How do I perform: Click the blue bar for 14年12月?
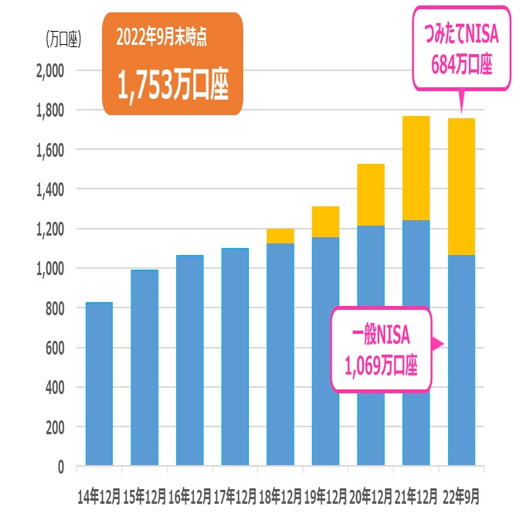tap(99, 384)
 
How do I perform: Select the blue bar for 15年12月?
tap(144, 368)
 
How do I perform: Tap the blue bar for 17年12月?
tap(235, 357)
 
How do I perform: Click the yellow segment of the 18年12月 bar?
tap(280, 236)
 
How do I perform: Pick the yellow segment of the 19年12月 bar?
tap(325, 222)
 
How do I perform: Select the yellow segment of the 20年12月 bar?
tap(371, 195)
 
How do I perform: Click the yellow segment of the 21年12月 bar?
tap(416, 168)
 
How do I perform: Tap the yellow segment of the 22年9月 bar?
tap(461, 186)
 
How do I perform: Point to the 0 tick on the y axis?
tap(59, 467)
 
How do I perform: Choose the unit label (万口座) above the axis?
tap(63, 38)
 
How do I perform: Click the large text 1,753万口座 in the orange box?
tap(172, 86)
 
